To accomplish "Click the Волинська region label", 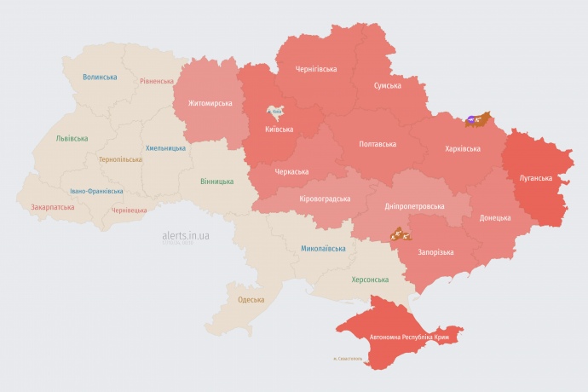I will pyautogui.click(x=100, y=77).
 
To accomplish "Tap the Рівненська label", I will pyautogui.click(x=157, y=82).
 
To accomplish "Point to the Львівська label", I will pyautogui.click(x=71, y=137).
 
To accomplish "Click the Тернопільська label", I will pyautogui.click(x=121, y=159).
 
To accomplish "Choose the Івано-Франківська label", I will pyautogui.click(x=96, y=191).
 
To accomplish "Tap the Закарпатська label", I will pyautogui.click(x=52, y=207).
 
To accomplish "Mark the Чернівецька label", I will pyautogui.click(x=129, y=210).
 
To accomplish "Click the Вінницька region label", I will pyautogui.click(x=216, y=182).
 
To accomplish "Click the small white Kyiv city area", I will pyautogui.click(x=276, y=112).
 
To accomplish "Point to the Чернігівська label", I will pyautogui.click(x=315, y=68).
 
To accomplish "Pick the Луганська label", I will pyautogui.click(x=536, y=178).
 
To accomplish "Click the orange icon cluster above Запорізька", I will pyautogui.click(x=400, y=233).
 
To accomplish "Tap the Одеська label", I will pyautogui.click(x=251, y=299).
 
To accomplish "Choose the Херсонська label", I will pyautogui.click(x=370, y=280).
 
